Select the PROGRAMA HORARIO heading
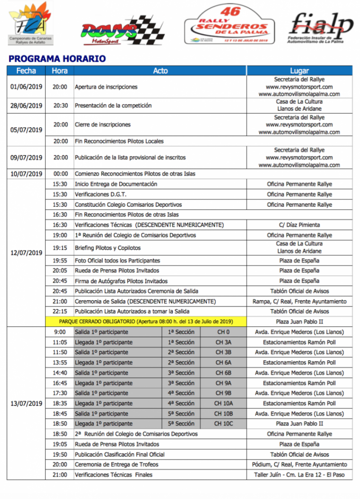tap(57, 59)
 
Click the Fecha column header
tap(26, 71)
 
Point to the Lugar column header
tap(299, 71)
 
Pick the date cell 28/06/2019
tap(26, 105)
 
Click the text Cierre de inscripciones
tap(102, 124)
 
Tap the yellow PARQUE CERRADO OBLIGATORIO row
tap(146, 322)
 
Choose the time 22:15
tap(60, 311)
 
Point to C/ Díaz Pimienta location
tap(299, 225)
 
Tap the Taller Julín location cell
tap(299, 475)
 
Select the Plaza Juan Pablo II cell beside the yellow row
tap(299, 322)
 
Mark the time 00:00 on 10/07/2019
tap(60, 174)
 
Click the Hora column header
tap(60, 71)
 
